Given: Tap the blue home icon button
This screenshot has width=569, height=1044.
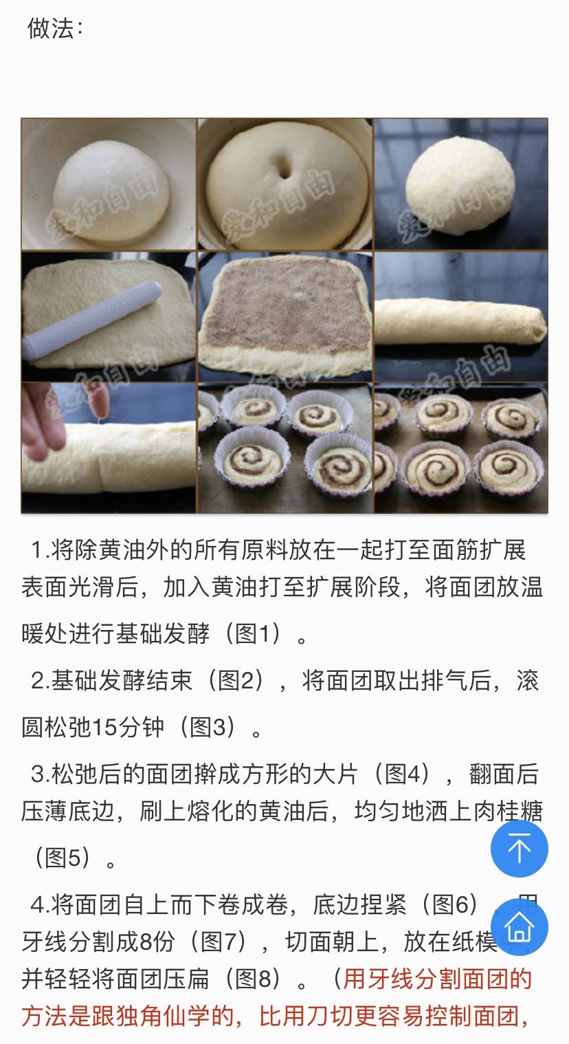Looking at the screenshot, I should (519, 926).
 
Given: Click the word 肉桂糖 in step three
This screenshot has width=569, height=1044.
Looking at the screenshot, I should (509, 812).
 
